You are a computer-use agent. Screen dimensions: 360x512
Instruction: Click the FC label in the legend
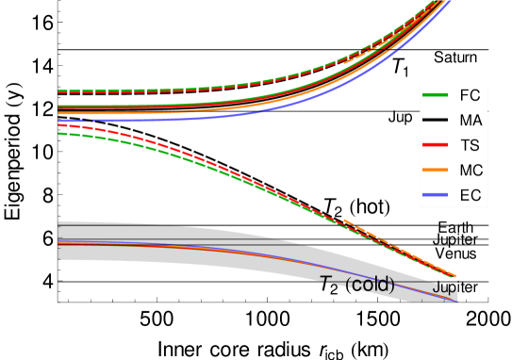470,95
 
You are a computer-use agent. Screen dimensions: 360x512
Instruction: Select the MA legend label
471,121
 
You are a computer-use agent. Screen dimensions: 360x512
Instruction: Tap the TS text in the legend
470,146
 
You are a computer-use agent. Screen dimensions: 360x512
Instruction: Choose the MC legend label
471,171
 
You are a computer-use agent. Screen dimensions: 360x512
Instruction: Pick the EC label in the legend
470,196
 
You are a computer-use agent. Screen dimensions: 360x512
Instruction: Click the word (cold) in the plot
370,284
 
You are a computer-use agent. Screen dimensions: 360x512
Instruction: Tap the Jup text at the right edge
444,286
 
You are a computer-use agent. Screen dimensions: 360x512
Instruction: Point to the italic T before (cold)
326,284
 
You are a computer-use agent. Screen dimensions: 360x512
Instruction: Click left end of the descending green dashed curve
58,133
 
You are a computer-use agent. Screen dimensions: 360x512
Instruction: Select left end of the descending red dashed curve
58,124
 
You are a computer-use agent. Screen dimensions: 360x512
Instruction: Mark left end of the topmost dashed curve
58,91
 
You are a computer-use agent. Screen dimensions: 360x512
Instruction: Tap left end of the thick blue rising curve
58,121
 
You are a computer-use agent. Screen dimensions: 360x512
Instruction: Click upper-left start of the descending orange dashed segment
343,220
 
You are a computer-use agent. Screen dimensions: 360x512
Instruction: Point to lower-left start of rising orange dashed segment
343,62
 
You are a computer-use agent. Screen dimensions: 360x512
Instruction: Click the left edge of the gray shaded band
58,241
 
